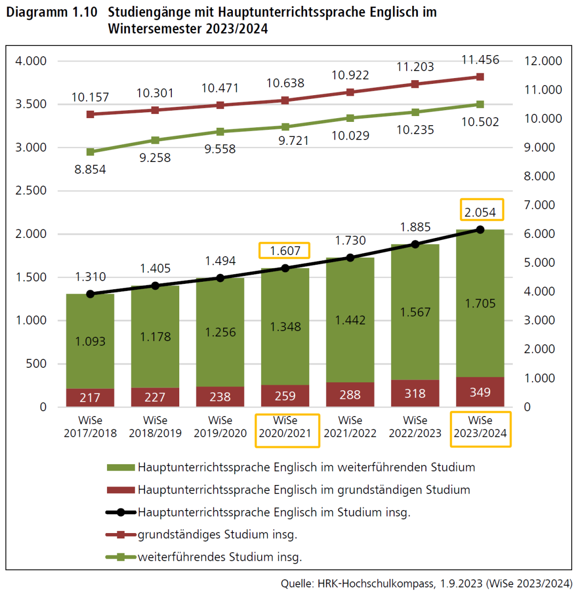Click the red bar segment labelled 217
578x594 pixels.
pos(90,397)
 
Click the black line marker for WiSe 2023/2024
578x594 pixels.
pos(480,229)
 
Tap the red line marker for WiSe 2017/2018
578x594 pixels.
pos(90,114)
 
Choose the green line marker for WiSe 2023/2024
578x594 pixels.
pos(480,104)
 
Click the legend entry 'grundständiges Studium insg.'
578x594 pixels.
pos(217,534)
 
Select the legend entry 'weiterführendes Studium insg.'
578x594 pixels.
pos(220,557)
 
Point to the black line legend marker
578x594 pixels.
pos(121,512)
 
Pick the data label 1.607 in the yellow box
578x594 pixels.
pos(285,250)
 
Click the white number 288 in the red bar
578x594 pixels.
pos(350,395)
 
